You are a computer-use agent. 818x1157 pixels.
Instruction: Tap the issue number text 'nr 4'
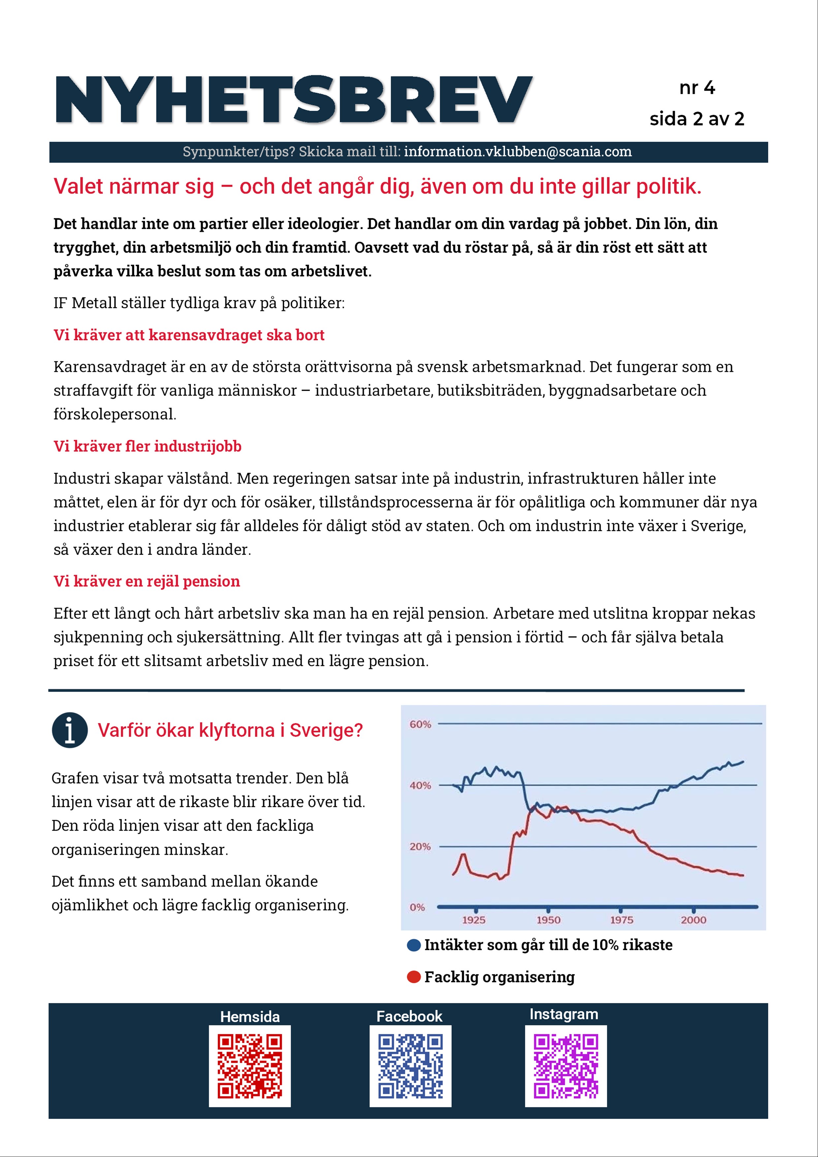pos(697,88)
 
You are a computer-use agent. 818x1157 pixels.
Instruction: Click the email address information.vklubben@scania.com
pos(518,152)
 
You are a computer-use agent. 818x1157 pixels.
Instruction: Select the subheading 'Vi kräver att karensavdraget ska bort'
pos(189,335)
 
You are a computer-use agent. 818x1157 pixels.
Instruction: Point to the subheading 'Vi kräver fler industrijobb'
pos(147,447)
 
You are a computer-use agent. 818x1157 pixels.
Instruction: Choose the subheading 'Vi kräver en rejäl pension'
pos(147,581)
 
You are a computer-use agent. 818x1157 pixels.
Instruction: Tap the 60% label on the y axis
pos(420,725)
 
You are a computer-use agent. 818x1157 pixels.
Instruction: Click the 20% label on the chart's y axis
pos(420,847)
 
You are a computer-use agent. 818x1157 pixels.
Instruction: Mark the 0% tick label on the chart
pos(417,908)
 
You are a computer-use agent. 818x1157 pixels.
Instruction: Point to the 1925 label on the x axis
pos(474,920)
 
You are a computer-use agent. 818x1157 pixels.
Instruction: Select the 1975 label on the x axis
pos(621,920)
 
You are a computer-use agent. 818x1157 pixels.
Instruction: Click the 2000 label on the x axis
pos(694,920)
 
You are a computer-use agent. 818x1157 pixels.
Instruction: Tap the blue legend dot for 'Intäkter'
pos(414,945)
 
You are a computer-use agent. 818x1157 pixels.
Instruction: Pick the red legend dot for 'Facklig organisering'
pos(414,977)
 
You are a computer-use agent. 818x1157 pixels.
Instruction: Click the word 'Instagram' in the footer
pos(563,1015)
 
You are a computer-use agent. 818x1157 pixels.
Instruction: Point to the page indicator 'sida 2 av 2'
pos(697,119)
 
